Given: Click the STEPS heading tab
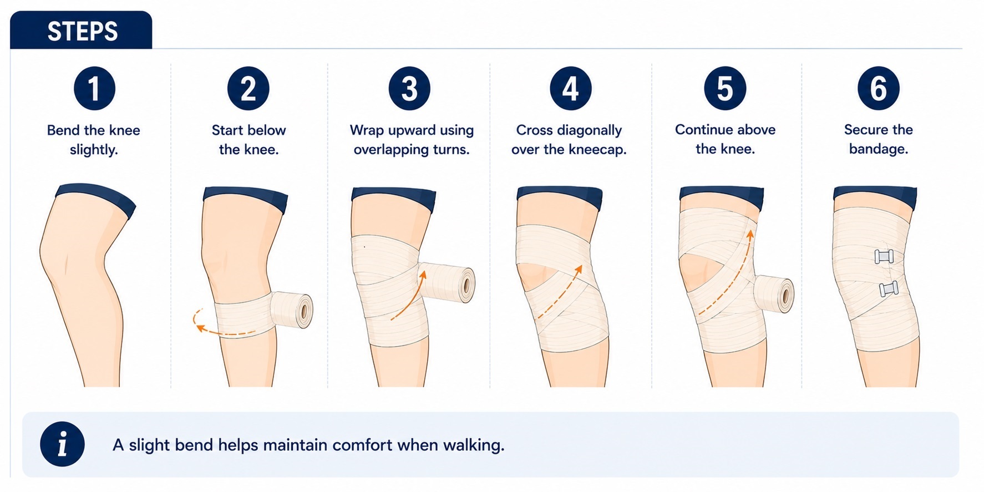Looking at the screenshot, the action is [x=81, y=30].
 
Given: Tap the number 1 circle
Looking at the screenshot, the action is [x=94, y=88].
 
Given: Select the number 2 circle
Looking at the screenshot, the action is [x=248, y=88].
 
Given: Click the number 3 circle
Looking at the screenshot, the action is [x=409, y=88].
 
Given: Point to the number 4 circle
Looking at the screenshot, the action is [x=571, y=88].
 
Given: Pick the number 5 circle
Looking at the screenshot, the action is [x=725, y=88].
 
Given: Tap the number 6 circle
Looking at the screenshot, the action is [x=879, y=88].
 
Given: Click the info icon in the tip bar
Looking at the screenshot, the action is [x=62, y=444].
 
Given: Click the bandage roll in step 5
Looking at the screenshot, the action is [x=772, y=296].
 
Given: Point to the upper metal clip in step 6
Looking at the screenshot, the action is [x=884, y=256].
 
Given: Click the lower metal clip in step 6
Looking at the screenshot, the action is [x=888, y=289].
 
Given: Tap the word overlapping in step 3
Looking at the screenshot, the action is [x=391, y=150].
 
